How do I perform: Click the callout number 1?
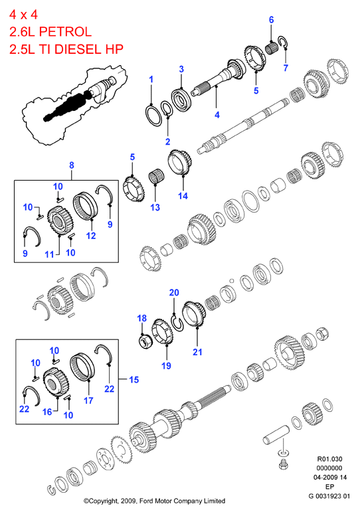click(151, 79)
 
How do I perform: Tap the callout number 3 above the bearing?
click(181, 69)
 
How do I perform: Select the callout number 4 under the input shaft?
click(217, 115)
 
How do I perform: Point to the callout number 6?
click(271, 20)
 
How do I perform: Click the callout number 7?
click(286, 68)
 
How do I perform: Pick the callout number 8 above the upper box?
click(72, 165)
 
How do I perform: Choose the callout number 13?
click(155, 207)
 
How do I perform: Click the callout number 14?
click(183, 196)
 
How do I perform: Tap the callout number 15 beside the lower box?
click(134, 380)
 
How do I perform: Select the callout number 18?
click(141, 318)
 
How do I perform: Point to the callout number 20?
click(174, 292)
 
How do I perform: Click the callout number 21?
click(197, 352)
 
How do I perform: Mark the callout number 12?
click(91, 235)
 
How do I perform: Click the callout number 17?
click(88, 400)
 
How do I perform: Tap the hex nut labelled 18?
click(145, 341)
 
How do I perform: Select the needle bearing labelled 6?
click(271, 48)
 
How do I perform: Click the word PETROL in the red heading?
click(65, 32)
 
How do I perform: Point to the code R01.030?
click(329, 459)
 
